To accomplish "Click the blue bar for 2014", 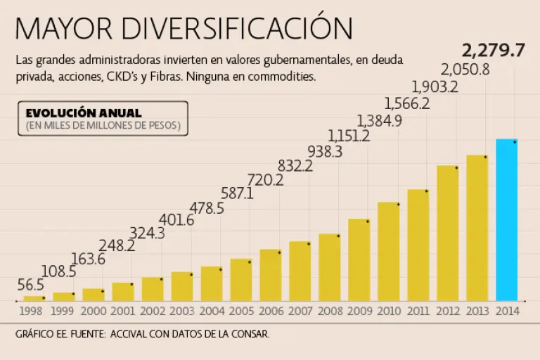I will click(x=506, y=219).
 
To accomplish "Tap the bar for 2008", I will click(x=329, y=266).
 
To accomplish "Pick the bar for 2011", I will click(x=418, y=244).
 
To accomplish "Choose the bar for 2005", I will click(x=240, y=279).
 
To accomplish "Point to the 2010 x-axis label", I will click(x=389, y=310).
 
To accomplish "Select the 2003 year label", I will click(x=182, y=310).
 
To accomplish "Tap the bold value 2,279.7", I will click(x=493, y=51).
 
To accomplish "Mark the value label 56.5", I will click(x=31, y=285).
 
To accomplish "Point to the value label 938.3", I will click(x=324, y=151).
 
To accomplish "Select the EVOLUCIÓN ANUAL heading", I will click(x=84, y=112).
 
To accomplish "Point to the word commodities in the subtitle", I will click(x=281, y=75).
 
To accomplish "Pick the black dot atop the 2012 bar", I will click(x=456, y=168).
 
